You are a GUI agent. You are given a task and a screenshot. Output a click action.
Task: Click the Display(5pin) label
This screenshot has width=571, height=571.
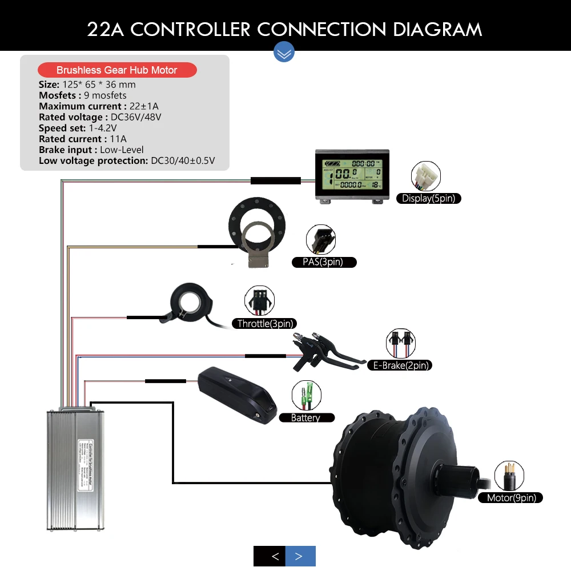pos(429,199)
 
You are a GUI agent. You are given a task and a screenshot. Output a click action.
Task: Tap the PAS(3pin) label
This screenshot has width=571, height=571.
pos(324,262)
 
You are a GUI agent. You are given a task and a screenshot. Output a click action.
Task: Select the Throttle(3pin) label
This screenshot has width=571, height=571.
pos(264,324)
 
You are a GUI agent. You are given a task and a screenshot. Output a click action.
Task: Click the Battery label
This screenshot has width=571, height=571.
pos(305,418)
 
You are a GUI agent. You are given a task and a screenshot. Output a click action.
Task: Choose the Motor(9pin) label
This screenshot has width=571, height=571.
pos(511,498)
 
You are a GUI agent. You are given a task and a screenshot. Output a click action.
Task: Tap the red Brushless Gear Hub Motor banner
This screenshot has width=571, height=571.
pos(116,70)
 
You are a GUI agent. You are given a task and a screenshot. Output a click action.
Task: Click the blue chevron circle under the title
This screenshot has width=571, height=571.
pos(284,52)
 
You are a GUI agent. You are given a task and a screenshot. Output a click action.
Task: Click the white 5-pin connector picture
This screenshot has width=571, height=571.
pos(425,176)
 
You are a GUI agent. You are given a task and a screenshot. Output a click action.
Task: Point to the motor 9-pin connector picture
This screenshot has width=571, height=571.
pos(509,475)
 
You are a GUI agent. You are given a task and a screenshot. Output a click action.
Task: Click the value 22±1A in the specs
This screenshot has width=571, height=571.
pos(144,106)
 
